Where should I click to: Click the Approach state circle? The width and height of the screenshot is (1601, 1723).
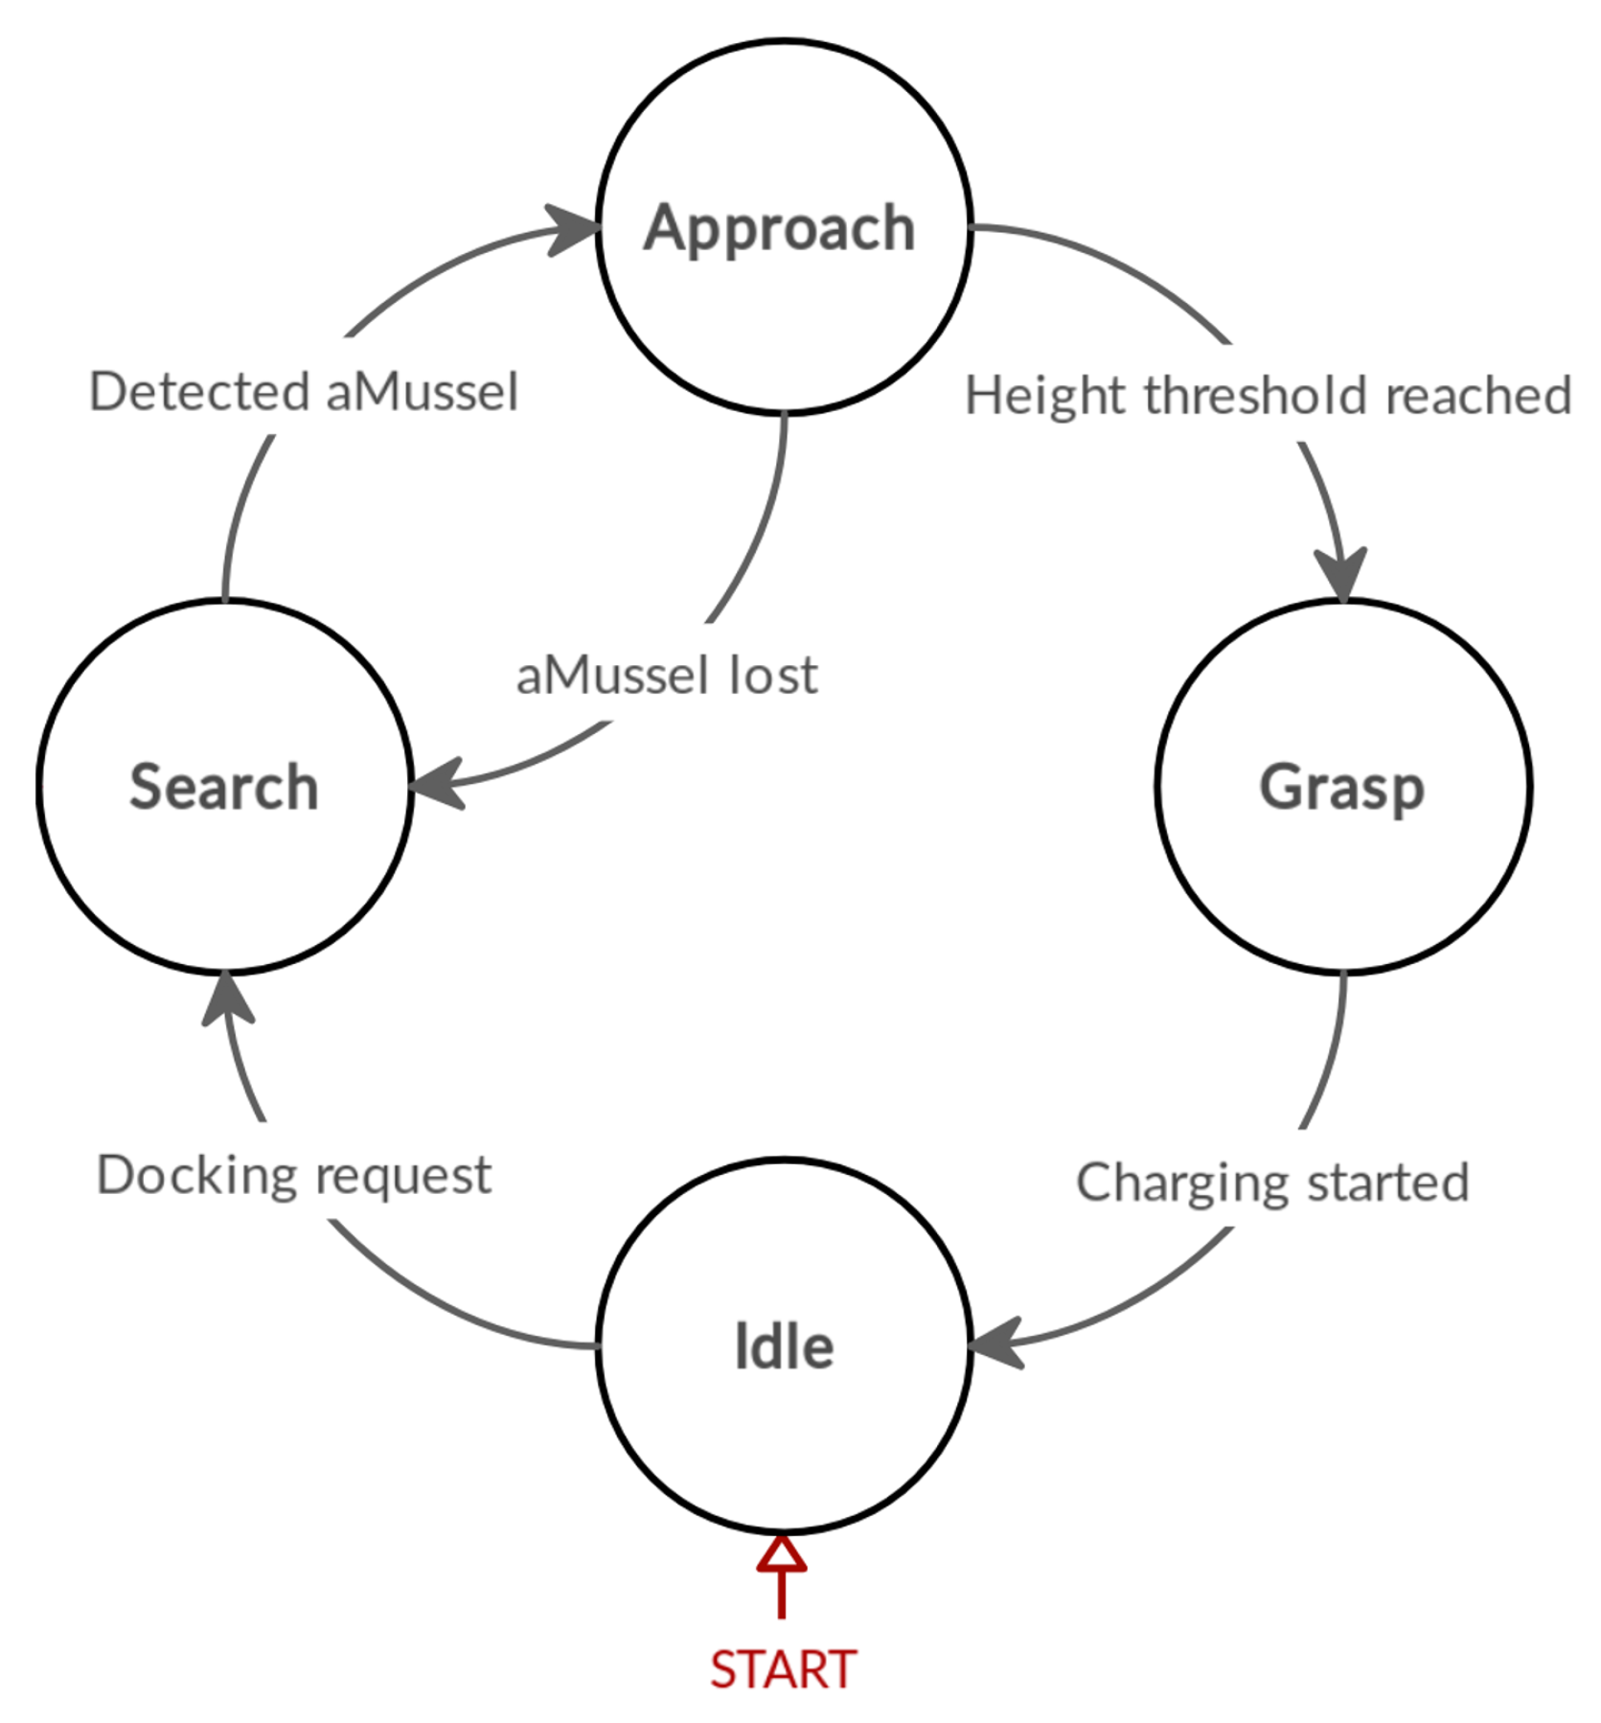click(784, 228)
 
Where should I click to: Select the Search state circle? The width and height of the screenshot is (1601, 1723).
click(224, 787)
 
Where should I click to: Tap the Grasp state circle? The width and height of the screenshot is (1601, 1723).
click(1342, 787)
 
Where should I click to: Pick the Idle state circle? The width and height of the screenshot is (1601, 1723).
click(784, 1345)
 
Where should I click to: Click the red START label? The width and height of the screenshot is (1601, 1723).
click(783, 1670)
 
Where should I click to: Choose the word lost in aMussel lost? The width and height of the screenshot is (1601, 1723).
click(773, 676)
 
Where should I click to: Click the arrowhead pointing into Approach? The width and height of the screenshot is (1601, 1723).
click(574, 230)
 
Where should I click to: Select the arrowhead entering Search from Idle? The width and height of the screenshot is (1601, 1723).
click(228, 999)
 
